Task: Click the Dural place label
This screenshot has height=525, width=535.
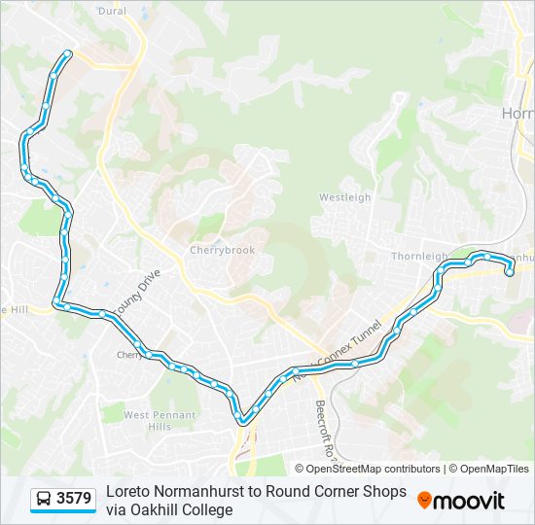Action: [x=113, y=11]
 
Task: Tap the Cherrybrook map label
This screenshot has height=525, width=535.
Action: [x=222, y=250]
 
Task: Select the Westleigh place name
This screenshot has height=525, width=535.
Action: [x=345, y=197]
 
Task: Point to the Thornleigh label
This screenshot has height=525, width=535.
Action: [x=417, y=257]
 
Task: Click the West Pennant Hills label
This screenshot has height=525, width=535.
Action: [x=160, y=420]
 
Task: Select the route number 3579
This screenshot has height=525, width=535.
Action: [x=74, y=499]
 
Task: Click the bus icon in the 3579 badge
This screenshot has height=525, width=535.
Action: [x=44, y=500]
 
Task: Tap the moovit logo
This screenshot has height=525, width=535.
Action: [x=461, y=501]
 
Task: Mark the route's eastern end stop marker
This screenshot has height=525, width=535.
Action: [x=509, y=272]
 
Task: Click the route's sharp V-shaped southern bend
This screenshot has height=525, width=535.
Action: [x=244, y=420]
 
